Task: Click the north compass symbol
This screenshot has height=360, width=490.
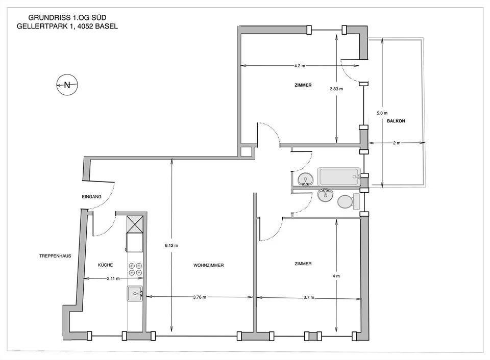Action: click(67, 85)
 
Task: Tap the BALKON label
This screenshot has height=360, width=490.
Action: click(396, 121)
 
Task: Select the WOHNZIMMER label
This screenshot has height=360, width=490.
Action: click(208, 265)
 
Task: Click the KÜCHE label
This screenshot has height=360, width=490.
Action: click(105, 265)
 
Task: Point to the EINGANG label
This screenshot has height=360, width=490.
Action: click(91, 197)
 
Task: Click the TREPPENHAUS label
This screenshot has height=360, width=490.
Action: click(55, 256)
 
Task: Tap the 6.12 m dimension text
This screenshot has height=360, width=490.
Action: click(171, 245)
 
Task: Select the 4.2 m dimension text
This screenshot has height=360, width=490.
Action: click(300, 66)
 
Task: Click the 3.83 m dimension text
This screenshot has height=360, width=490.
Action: click(336, 89)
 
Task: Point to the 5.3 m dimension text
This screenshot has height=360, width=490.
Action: click(382, 113)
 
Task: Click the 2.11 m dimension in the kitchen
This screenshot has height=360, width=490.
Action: click(113, 278)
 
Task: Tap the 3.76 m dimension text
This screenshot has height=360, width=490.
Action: click(200, 297)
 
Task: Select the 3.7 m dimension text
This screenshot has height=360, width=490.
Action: click(309, 298)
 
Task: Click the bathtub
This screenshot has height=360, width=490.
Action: click(339, 177)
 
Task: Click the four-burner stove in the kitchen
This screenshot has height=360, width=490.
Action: click(135, 269)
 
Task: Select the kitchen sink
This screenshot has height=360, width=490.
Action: click(135, 294)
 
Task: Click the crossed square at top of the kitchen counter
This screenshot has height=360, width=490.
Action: click(135, 224)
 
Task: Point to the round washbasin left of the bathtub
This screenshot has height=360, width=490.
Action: click(306, 179)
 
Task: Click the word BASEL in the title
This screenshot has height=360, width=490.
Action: click(107, 27)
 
